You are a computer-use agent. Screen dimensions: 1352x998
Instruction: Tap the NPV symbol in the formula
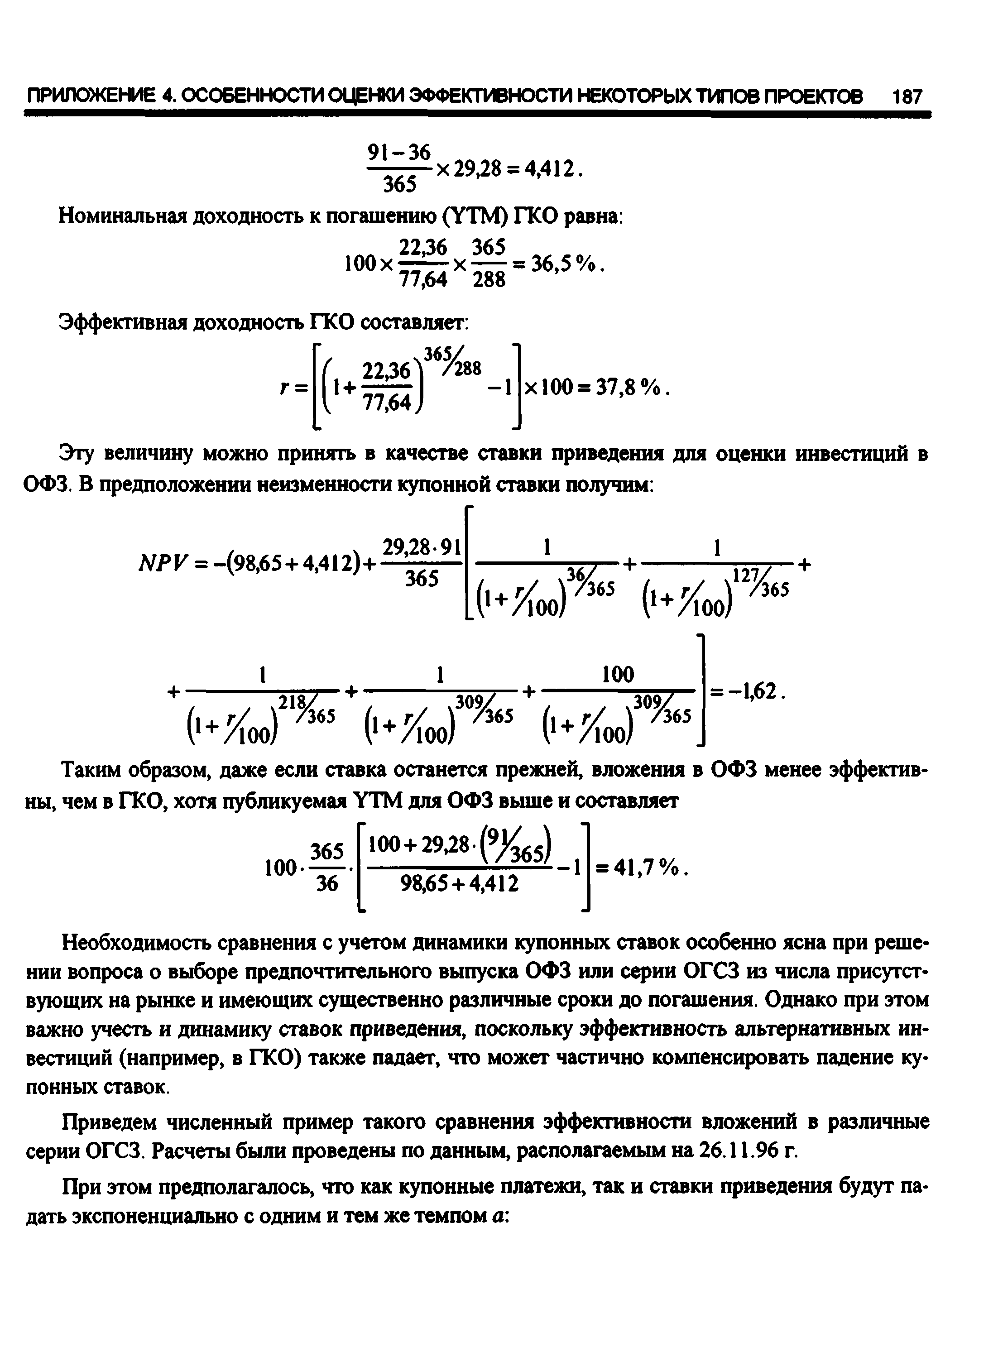[158, 564]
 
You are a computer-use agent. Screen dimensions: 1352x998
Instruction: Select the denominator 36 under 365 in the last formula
[327, 884]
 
